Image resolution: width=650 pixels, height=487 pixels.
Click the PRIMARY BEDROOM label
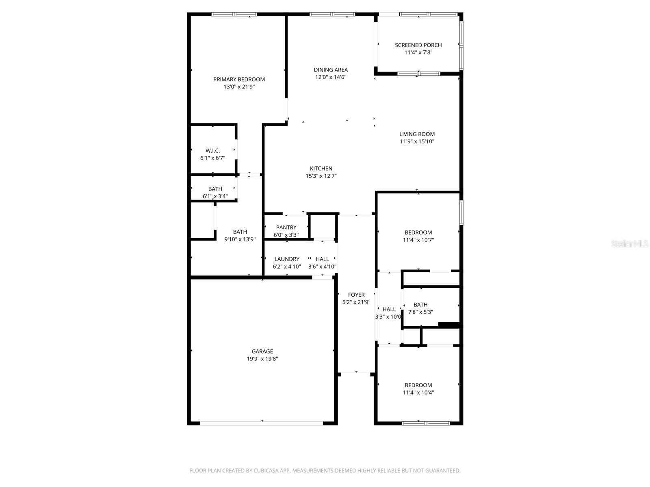click(x=239, y=80)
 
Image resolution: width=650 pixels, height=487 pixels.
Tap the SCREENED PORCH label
click(x=418, y=45)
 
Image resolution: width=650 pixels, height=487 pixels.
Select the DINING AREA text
click(x=331, y=70)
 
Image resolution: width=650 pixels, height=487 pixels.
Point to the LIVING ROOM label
click(x=417, y=134)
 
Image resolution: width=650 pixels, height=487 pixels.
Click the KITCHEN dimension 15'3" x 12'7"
click(x=321, y=176)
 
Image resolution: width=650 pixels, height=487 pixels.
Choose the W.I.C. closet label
click(x=212, y=151)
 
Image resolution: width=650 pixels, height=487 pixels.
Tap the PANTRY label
click(x=286, y=227)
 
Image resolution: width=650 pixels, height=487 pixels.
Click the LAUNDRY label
click(x=287, y=259)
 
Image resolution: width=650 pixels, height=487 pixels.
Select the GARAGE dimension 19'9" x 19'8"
click(x=262, y=359)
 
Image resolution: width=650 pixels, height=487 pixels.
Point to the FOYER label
click(x=356, y=295)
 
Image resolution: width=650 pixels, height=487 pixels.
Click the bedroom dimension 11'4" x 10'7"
click(x=418, y=240)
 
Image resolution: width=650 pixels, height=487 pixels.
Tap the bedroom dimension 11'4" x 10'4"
click(x=418, y=392)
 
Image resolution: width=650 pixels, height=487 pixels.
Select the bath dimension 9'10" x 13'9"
click(x=240, y=239)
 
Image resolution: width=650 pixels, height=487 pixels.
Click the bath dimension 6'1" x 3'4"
click(x=215, y=196)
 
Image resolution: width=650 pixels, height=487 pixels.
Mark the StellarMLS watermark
click(x=630, y=244)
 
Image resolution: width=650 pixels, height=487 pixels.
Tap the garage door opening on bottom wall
click(x=261, y=423)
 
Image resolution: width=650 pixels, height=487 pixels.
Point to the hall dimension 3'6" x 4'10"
click(x=322, y=267)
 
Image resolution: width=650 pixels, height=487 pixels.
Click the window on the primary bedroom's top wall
click(x=234, y=15)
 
